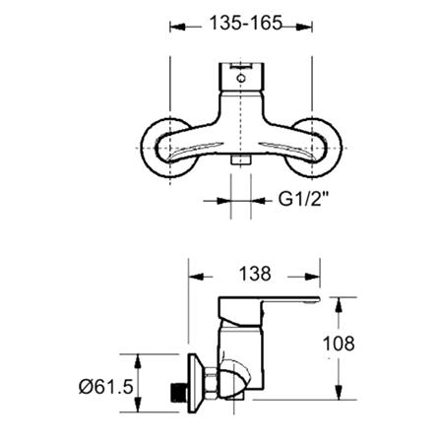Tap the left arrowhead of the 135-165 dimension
pyautogui.click(x=177, y=28)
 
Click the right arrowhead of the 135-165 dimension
pyautogui.click(x=307, y=28)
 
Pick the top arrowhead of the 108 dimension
pyautogui.click(x=340, y=292)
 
